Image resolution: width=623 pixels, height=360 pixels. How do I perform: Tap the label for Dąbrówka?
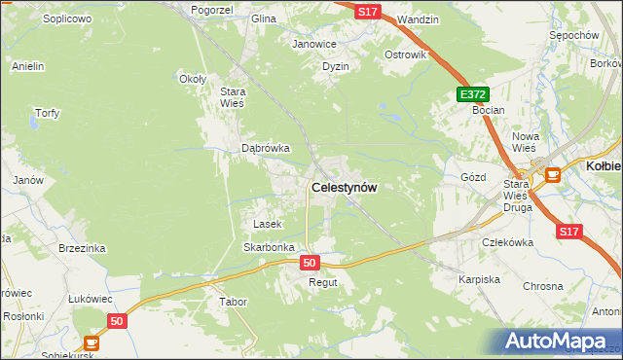point(266,149)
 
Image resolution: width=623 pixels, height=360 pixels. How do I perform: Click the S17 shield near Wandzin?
point(366,12)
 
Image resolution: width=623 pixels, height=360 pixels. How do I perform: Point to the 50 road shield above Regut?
point(310,263)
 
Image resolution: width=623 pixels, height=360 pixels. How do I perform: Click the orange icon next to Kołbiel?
point(553,175)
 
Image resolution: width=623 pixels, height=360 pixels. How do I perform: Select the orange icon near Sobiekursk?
point(92,342)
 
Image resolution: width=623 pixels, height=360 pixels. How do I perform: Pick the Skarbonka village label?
point(269,247)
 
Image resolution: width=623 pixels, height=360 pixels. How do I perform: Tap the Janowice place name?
point(314,44)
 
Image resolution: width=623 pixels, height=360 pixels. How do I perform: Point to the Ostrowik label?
point(406,54)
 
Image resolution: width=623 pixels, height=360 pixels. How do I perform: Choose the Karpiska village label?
point(479,279)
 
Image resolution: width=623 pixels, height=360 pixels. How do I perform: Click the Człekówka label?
point(507,242)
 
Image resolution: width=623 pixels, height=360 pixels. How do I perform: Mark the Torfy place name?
point(47,113)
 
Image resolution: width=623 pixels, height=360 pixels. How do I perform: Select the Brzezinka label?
point(81,248)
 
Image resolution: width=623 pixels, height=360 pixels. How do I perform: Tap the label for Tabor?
point(234,302)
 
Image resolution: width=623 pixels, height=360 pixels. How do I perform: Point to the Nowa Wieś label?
point(526,142)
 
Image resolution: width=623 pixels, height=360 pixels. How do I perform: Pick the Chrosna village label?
point(543,286)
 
